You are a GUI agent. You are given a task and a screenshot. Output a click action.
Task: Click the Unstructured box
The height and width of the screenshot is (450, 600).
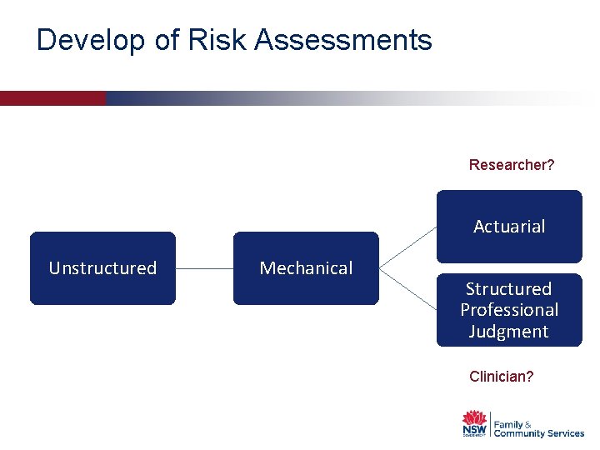102,268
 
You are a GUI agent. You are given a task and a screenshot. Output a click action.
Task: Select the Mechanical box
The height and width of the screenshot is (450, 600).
306,268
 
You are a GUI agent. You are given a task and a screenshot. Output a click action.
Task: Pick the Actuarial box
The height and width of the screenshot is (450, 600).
509,227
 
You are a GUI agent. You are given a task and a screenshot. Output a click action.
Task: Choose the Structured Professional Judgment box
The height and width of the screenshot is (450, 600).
509,310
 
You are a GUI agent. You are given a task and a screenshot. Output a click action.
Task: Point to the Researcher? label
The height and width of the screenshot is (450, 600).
512,165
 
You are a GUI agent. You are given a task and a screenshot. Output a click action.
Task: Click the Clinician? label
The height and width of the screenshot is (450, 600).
502,377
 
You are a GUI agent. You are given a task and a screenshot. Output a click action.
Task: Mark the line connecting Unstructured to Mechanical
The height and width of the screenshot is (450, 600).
204,268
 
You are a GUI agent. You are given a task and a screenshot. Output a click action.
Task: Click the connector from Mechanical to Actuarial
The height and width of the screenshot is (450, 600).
407,247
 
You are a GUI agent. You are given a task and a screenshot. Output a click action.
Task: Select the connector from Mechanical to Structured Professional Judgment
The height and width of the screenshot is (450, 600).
407,289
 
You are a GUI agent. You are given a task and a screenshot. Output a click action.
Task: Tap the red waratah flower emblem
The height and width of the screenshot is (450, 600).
474,417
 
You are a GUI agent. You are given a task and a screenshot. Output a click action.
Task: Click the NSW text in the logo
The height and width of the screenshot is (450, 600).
474,431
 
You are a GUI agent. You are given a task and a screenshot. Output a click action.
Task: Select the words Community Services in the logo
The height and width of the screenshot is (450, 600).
539,433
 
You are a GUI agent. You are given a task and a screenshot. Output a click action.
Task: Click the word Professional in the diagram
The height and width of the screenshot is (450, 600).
509,310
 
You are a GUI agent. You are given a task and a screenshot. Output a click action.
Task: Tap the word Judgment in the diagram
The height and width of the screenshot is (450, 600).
509,332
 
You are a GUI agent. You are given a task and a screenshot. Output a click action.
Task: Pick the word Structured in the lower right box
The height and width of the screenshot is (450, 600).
509,289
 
